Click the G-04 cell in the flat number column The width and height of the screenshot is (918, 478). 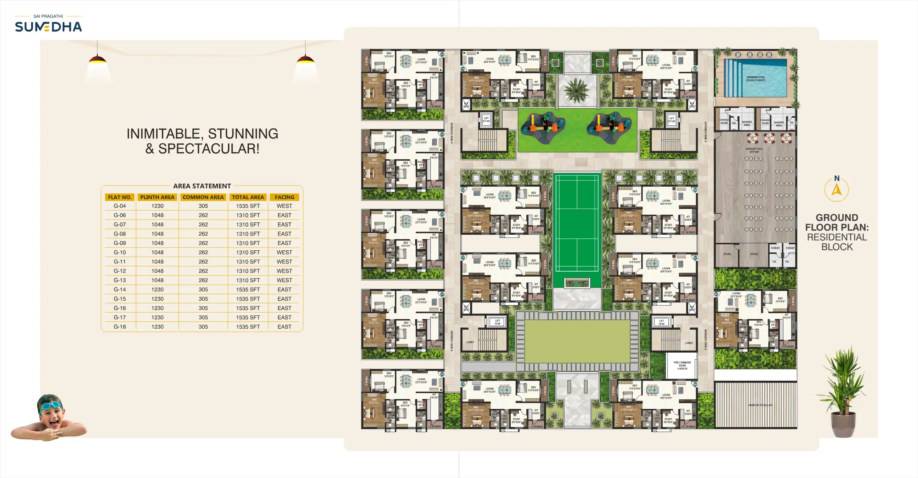[x=120, y=206]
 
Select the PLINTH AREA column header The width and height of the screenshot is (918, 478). [x=157, y=197]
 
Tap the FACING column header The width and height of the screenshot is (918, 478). [x=284, y=197]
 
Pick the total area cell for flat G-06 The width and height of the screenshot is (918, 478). [x=248, y=215]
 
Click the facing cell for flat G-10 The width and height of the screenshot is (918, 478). [x=284, y=252]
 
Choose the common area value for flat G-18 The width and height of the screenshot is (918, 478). [x=203, y=326]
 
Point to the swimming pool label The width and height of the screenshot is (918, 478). [x=755, y=79]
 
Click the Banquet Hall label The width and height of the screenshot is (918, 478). [x=754, y=150]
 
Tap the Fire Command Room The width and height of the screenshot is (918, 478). [x=682, y=365]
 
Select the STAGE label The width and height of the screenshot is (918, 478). [x=754, y=254]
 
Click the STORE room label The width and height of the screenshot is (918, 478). [x=727, y=254]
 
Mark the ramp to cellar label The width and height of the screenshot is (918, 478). [x=760, y=405]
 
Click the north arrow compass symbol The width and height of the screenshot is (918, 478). [x=837, y=190]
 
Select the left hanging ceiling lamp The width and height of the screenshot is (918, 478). [x=97, y=59]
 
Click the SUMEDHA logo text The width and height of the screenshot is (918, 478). [x=49, y=27]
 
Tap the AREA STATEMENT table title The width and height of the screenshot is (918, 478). [x=202, y=186]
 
